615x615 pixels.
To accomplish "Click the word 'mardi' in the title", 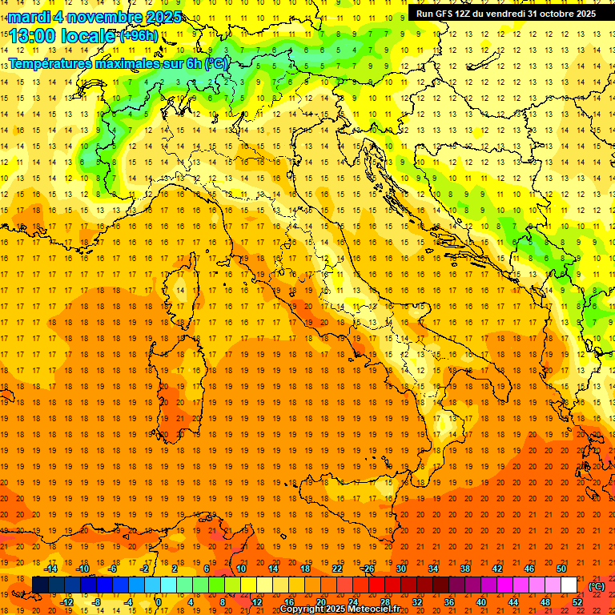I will coord(28,17).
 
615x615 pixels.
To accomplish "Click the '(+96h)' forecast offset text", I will coord(138,36).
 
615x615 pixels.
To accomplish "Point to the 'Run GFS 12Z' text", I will coord(445,14).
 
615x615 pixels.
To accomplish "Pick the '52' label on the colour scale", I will coord(577,602).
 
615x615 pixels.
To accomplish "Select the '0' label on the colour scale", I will coord(158,602).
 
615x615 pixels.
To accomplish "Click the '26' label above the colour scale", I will coord(368,569).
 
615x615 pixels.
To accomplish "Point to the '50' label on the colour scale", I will coord(561,569).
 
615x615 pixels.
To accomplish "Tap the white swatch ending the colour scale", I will coord(569,585).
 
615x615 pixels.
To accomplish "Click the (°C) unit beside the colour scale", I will coord(597,585).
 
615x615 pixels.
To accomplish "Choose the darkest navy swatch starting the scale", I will coord(40,585).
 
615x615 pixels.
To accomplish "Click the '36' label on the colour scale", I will coord(449,602).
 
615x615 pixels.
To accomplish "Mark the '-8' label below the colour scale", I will coord(96,602).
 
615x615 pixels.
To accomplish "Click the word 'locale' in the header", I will coord(87,36).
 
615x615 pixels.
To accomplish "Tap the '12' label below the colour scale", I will coord(257,602).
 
